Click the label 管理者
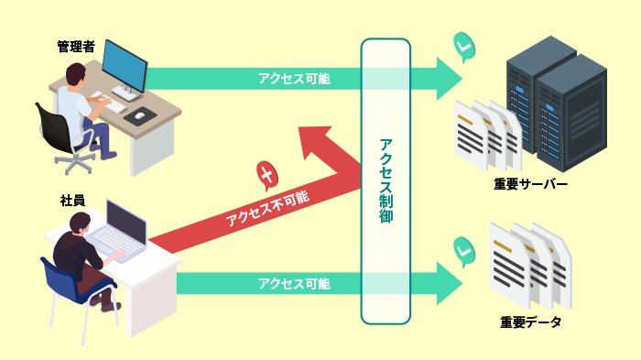point(76,47)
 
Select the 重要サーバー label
point(531,184)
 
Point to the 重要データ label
point(531,322)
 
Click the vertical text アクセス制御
point(386,181)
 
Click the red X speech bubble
point(266,172)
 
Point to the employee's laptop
point(119,229)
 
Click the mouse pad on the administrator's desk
point(140,115)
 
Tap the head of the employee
point(81,222)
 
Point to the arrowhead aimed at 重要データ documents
point(449,283)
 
